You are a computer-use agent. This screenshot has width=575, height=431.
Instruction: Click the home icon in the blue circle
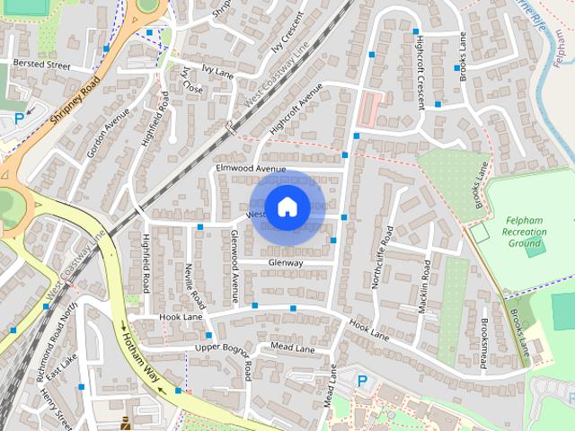(287, 207)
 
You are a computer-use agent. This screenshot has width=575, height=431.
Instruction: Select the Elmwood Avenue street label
(251, 169)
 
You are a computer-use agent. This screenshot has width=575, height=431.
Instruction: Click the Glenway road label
(286, 262)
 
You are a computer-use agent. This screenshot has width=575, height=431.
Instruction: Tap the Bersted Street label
(40, 65)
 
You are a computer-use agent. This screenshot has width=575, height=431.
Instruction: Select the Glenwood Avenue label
(234, 265)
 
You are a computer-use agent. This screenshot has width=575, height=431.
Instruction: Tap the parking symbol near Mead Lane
(362, 381)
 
